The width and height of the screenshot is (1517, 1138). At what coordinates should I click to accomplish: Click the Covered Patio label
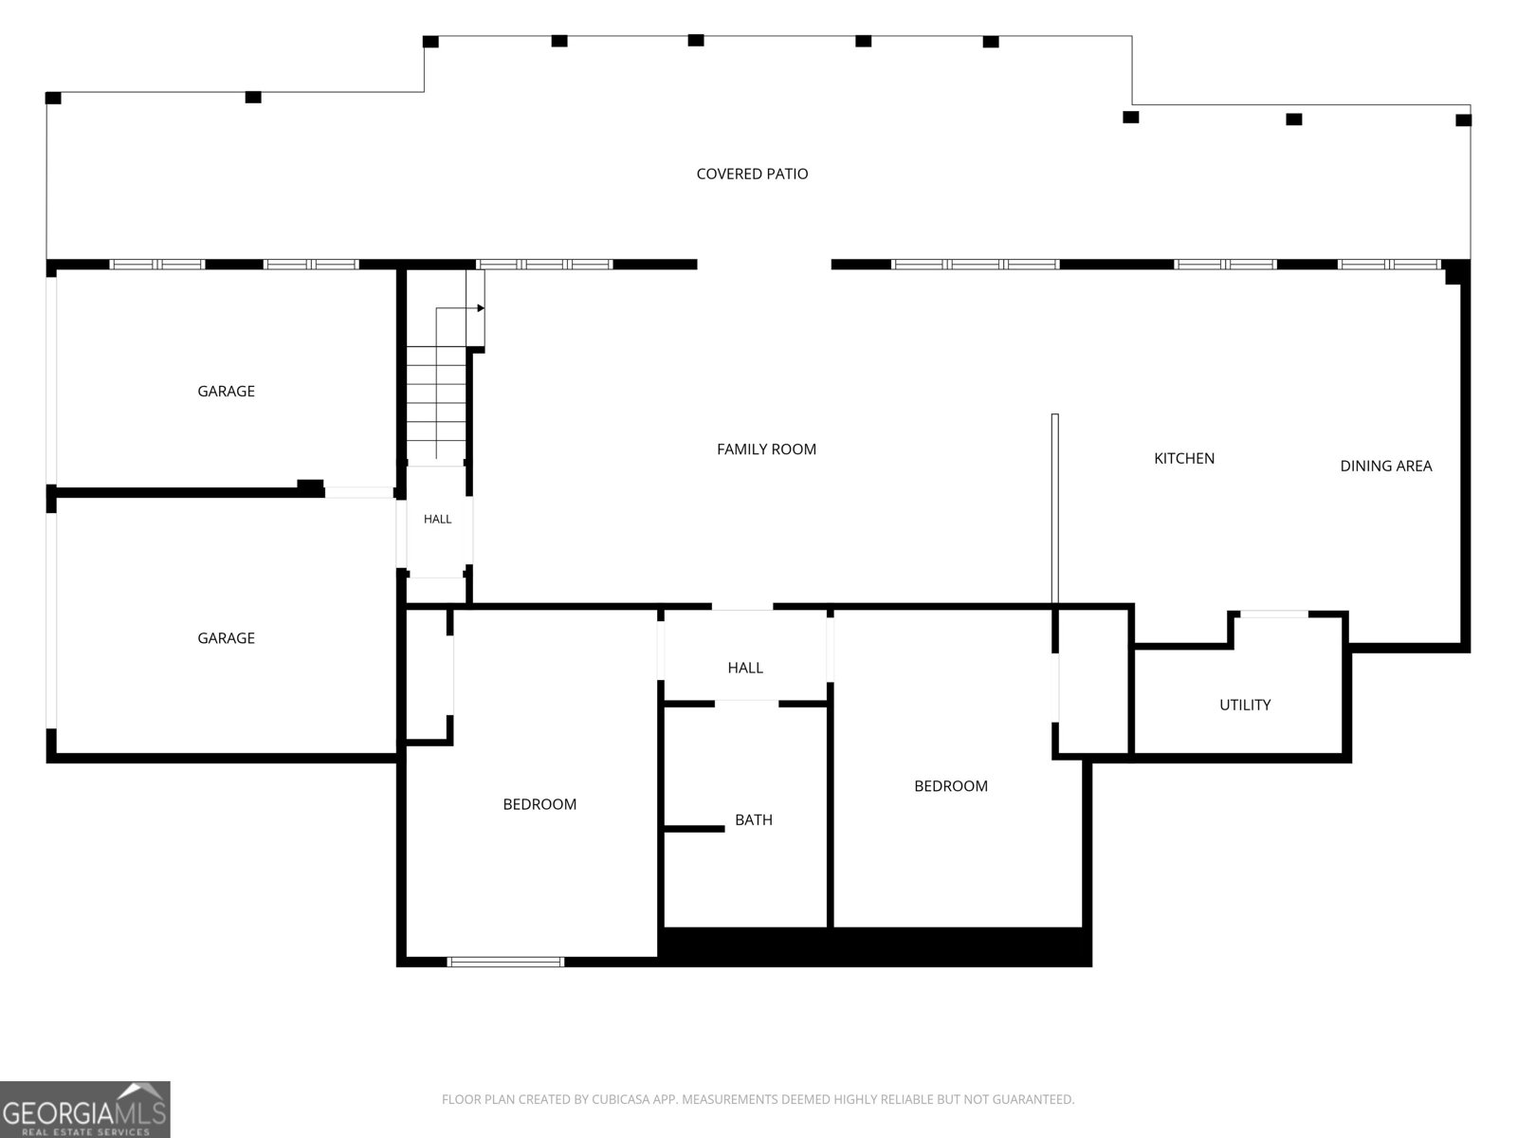pos(752,174)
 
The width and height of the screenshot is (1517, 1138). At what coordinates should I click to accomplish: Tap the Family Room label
pos(766,450)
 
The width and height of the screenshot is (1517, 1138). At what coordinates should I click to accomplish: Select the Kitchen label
pos(1184,458)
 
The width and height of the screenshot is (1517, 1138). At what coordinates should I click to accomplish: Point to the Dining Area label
pos(1386,466)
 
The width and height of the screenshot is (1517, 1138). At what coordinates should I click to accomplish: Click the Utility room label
pos(1245,705)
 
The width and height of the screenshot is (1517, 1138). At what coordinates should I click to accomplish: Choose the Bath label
pos(754,819)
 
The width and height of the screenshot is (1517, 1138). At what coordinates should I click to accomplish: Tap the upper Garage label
pos(226,391)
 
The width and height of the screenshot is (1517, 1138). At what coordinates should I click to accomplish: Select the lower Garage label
pos(226,637)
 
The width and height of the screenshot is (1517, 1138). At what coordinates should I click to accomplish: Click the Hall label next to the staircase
pos(437,519)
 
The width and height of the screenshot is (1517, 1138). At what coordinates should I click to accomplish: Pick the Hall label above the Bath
pos(745,668)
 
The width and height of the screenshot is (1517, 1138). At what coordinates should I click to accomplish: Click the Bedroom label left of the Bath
pos(539,804)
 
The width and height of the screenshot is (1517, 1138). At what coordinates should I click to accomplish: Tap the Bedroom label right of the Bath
pos(950,785)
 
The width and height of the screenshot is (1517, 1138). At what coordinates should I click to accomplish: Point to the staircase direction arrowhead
pos(481,308)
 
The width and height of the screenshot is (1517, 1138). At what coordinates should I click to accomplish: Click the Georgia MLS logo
pos(85,1109)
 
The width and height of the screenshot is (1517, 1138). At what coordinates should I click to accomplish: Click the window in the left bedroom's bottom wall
pos(505,962)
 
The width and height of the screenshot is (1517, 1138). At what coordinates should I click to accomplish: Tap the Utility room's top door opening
pos(1273,614)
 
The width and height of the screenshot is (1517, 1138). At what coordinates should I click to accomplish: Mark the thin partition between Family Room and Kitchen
pos(1054,508)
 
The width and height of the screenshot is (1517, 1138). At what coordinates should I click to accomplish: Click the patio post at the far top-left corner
pos(53,98)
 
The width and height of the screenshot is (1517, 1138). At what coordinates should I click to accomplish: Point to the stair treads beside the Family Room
pos(436,403)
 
